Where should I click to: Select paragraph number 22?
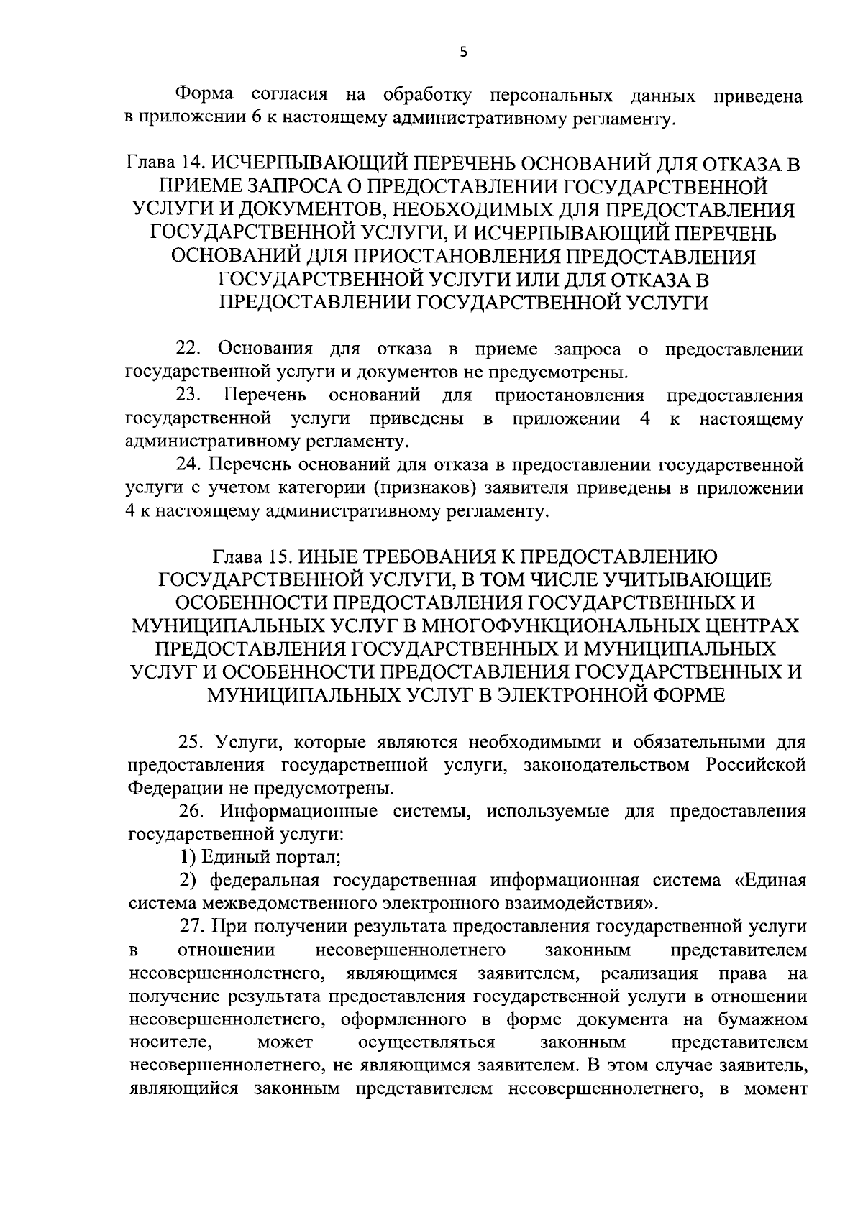click(190, 349)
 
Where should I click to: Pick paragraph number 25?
click(191, 741)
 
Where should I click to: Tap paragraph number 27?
click(191, 927)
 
